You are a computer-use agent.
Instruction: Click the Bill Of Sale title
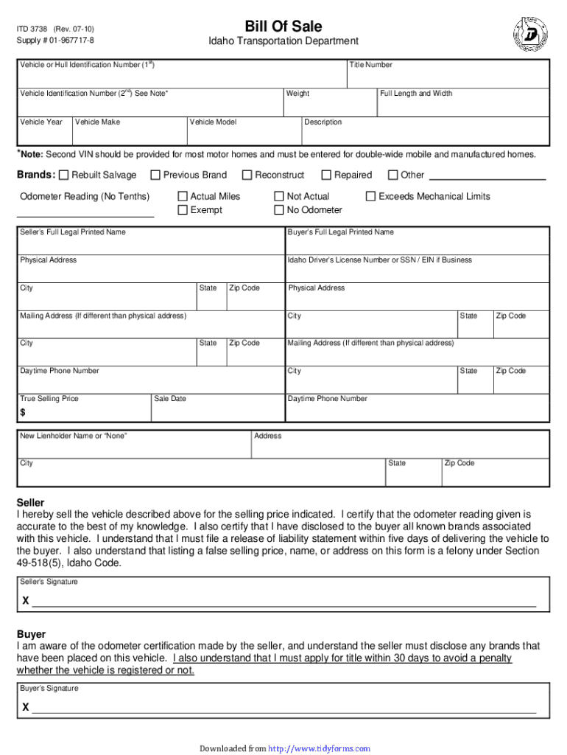(x=283, y=27)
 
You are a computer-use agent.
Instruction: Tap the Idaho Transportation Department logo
(x=529, y=32)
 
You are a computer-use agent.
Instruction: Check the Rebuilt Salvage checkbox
(x=64, y=175)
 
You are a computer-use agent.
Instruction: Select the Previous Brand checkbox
(x=155, y=175)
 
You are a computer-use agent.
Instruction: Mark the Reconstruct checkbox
(x=247, y=175)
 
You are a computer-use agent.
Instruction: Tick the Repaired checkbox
(x=326, y=175)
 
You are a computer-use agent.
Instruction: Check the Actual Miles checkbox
(x=183, y=197)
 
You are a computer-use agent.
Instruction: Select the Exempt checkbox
(x=183, y=211)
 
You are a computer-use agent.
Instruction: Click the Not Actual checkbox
(x=279, y=197)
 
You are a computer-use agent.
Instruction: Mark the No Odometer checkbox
(x=279, y=211)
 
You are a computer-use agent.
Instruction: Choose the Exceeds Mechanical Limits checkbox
(x=371, y=197)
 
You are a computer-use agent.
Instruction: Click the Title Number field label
(x=370, y=66)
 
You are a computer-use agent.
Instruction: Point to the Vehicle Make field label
(x=97, y=122)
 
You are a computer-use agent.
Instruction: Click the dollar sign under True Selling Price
(x=23, y=413)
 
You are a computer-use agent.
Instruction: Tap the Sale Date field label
(x=170, y=399)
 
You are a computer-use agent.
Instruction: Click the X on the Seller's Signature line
(x=26, y=601)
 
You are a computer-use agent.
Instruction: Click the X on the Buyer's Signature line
(x=26, y=707)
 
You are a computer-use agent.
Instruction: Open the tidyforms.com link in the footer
(x=319, y=748)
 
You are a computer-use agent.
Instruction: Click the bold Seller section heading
(x=31, y=503)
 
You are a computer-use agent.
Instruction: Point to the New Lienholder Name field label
(x=73, y=436)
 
